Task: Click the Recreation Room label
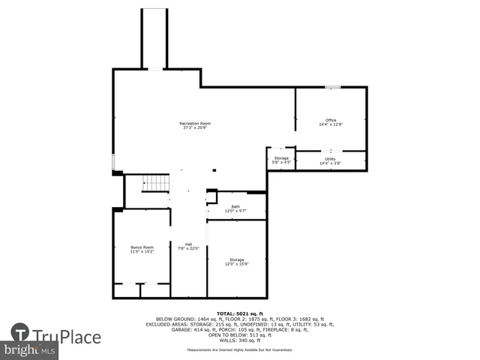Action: point(195,125)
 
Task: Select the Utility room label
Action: point(331,160)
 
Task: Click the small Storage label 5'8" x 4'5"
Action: point(281,160)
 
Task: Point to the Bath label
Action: point(235,208)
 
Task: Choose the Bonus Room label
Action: point(142,250)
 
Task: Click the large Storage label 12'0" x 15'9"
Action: point(236,262)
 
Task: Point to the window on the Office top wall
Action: point(332,88)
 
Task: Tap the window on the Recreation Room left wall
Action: point(113,162)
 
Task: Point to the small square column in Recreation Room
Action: point(214,169)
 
